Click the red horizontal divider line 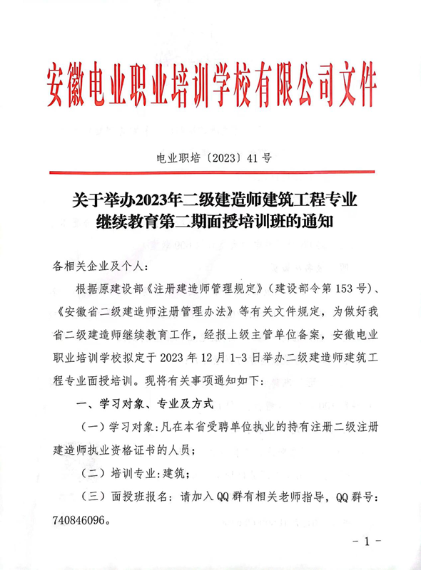210,171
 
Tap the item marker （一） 93,425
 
